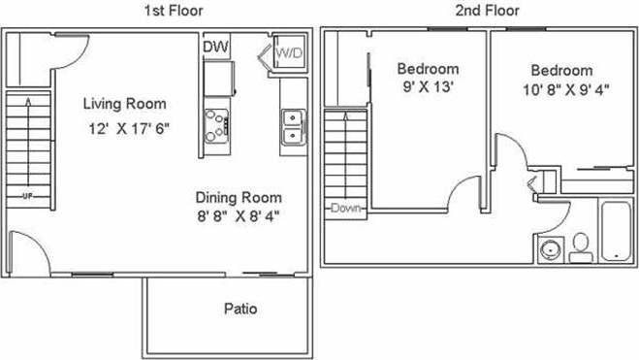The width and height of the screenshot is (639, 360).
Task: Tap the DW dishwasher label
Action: pyautogui.click(x=215, y=48)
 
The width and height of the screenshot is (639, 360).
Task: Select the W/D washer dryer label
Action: pyautogui.click(x=288, y=51)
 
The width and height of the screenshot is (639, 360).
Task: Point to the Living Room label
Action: pyautogui.click(x=124, y=104)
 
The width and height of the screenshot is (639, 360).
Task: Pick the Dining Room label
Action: pyautogui.click(x=238, y=196)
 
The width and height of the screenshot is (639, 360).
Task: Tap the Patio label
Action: pyautogui.click(x=240, y=311)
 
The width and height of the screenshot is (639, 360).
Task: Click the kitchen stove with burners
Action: pyautogui.click(x=217, y=124)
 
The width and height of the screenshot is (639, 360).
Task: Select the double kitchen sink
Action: pyautogui.click(x=291, y=127)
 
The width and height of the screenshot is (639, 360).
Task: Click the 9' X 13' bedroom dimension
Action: pyautogui.click(x=428, y=88)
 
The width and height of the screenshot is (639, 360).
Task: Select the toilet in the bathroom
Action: pyautogui.click(x=582, y=247)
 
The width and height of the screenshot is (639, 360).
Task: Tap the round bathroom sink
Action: pyautogui.click(x=549, y=247)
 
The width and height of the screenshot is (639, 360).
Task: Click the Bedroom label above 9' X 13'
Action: pyautogui.click(x=428, y=69)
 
